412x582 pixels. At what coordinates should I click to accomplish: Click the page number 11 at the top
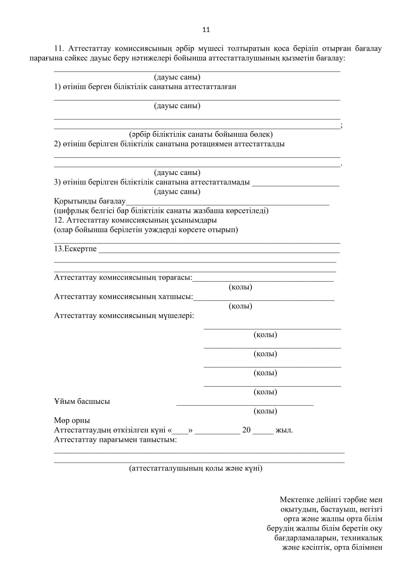tap(206, 30)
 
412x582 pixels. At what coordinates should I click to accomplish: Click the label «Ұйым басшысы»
tap(82, 402)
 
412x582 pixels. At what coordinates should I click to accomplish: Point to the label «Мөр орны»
tap(72, 421)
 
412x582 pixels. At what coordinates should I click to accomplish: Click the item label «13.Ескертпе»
tap(75, 249)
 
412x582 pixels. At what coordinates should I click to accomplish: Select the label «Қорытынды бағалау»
tap(90, 201)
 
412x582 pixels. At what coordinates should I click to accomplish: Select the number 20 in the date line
tap(246, 430)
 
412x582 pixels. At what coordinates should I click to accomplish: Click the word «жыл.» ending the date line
tap(284, 430)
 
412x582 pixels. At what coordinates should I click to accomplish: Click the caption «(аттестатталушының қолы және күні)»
tap(196, 468)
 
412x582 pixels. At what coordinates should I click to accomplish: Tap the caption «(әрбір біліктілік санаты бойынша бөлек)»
tap(201, 134)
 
